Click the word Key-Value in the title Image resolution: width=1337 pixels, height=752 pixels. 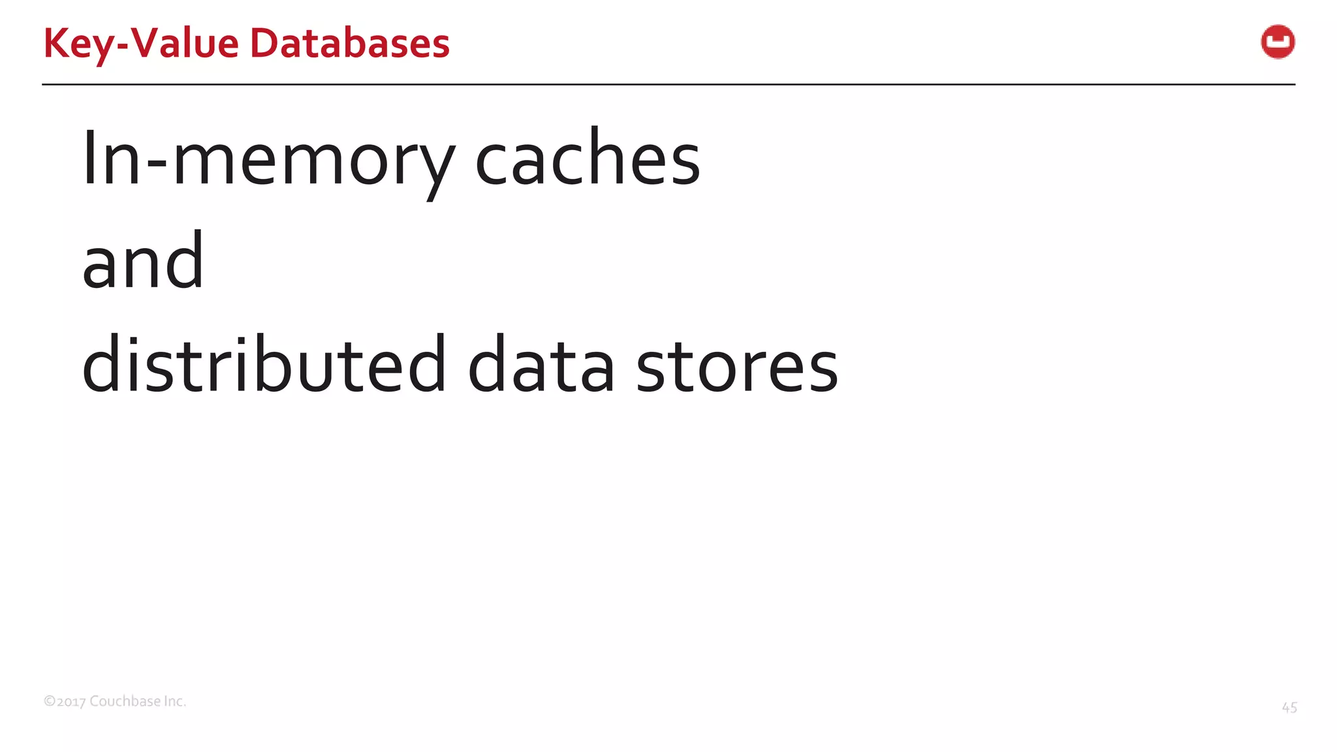[141, 44]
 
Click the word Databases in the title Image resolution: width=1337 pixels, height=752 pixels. [349, 44]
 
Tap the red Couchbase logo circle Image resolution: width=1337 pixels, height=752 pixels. [1278, 42]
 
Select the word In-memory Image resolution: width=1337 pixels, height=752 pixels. [268, 160]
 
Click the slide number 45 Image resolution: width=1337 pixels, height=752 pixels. [1289, 708]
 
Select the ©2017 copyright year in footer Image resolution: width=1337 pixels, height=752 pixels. [65, 702]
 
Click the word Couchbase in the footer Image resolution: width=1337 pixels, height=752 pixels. [125, 701]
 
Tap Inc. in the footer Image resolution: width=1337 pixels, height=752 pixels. [174, 701]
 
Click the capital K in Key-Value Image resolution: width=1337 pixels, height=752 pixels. [55, 44]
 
